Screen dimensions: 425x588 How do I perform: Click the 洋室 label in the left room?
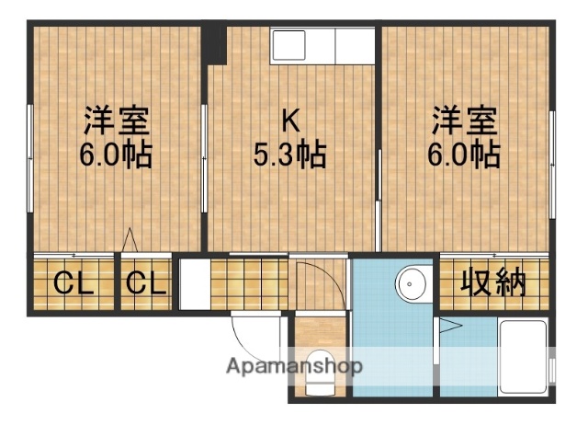coord(117,121)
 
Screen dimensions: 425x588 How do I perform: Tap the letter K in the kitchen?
coord(290,121)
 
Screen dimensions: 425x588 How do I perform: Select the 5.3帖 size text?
coord(290,154)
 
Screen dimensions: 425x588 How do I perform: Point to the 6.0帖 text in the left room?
coord(117,154)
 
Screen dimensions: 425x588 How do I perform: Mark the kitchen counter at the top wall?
coord(323,45)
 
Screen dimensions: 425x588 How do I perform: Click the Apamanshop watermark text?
coord(295,366)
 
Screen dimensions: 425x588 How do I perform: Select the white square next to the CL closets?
coord(192,284)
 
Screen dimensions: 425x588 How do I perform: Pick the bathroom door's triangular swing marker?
coord(451,324)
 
